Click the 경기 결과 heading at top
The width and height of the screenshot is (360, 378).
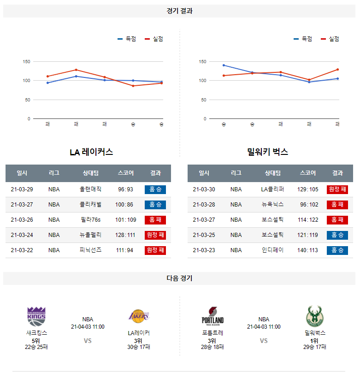pos(179,11)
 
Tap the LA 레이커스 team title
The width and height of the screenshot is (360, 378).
pos(91,152)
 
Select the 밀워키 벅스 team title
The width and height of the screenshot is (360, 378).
pos(267,152)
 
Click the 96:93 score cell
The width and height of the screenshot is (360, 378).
pos(125,189)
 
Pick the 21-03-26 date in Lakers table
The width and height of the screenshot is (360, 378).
pos(22,220)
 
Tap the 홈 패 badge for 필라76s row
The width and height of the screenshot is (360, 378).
pos(155,220)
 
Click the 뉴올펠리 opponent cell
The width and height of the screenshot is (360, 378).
pos(90,235)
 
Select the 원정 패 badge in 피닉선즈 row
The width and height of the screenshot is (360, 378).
pos(155,250)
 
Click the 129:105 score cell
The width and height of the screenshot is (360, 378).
pos(308,189)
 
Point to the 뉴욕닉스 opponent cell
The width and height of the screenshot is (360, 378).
pos(273,205)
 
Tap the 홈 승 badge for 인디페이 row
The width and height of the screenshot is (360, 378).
pos(337,250)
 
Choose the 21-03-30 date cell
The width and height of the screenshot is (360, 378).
pos(204,189)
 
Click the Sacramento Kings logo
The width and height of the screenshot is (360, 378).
pos(36,316)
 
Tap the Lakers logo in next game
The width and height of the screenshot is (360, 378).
pos(139,316)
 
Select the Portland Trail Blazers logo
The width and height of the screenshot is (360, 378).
pos(212,316)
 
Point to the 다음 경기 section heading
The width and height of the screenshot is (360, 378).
pos(179,278)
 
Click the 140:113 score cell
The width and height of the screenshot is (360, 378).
pos(308,250)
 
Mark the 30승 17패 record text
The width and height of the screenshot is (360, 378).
pos(139,347)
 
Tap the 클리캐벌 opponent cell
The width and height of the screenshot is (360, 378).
pos(90,205)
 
